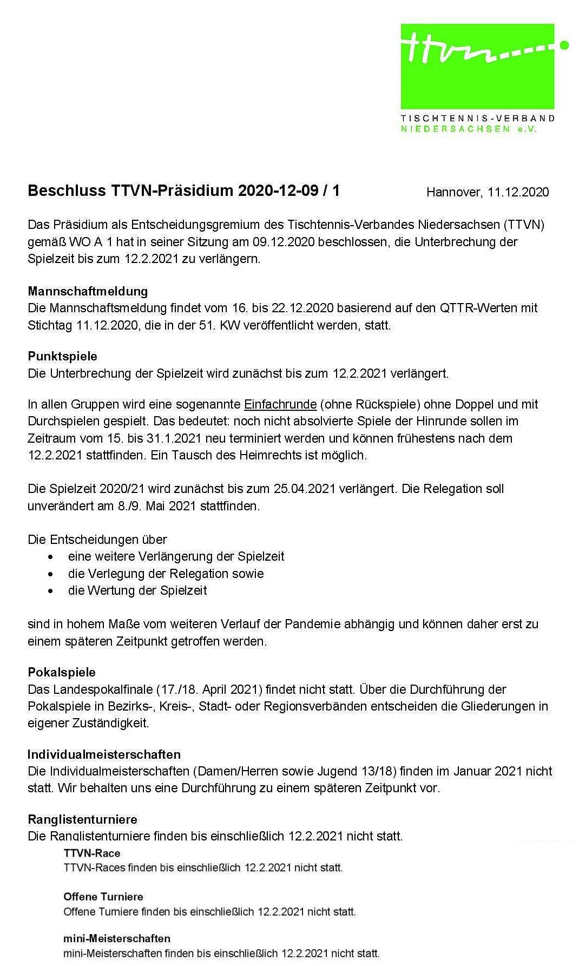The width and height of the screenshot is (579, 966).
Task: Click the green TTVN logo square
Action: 477,65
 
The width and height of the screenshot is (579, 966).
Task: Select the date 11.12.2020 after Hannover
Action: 518,192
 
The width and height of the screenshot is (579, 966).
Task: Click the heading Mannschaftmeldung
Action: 88,291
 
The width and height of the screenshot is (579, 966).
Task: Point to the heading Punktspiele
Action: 63,357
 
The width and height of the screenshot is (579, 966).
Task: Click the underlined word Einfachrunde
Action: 280,404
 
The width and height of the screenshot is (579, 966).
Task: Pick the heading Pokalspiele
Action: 62,673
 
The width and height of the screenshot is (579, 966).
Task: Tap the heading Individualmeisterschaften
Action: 104,754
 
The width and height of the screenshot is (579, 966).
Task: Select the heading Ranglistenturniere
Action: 83,819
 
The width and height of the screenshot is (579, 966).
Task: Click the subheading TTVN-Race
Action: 92,853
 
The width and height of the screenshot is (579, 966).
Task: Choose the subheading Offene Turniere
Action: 103,897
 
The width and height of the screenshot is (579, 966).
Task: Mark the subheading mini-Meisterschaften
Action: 117,938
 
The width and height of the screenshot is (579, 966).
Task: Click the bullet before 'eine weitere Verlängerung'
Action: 51,557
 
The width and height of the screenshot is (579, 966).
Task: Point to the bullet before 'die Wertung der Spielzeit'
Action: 51,590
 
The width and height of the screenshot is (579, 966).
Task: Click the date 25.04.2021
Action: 306,489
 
